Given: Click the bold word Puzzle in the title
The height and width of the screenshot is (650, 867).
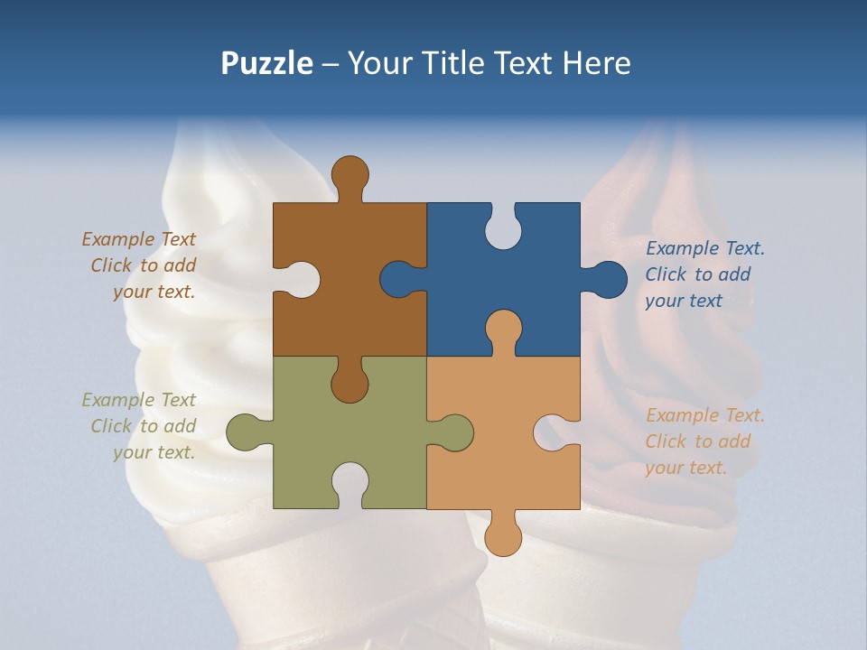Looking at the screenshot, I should click(x=267, y=63).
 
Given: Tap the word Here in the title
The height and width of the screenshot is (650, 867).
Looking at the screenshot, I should click(x=596, y=63).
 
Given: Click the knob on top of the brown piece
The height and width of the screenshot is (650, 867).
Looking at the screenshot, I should click(x=350, y=173).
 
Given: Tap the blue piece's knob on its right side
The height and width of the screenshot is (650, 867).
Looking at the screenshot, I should click(x=608, y=280).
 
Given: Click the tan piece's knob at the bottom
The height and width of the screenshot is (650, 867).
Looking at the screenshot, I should click(x=503, y=537).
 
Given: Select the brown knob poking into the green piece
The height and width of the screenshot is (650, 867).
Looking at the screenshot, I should click(x=350, y=384).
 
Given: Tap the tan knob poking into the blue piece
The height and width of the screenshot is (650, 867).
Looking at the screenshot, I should click(x=503, y=330).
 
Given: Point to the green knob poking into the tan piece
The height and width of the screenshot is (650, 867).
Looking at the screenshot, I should click(x=454, y=432).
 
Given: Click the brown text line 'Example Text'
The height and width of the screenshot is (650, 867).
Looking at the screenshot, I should click(x=138, y=239).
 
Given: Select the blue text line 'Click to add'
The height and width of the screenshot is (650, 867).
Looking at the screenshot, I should click(x=698, y=274).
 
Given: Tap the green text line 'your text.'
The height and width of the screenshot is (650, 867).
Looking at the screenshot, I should click(x=154, y=452).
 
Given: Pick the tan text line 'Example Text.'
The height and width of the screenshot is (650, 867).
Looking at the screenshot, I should click(x=705, y=415).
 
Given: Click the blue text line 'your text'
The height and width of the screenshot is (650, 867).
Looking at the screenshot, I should click(x=684, y=301).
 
